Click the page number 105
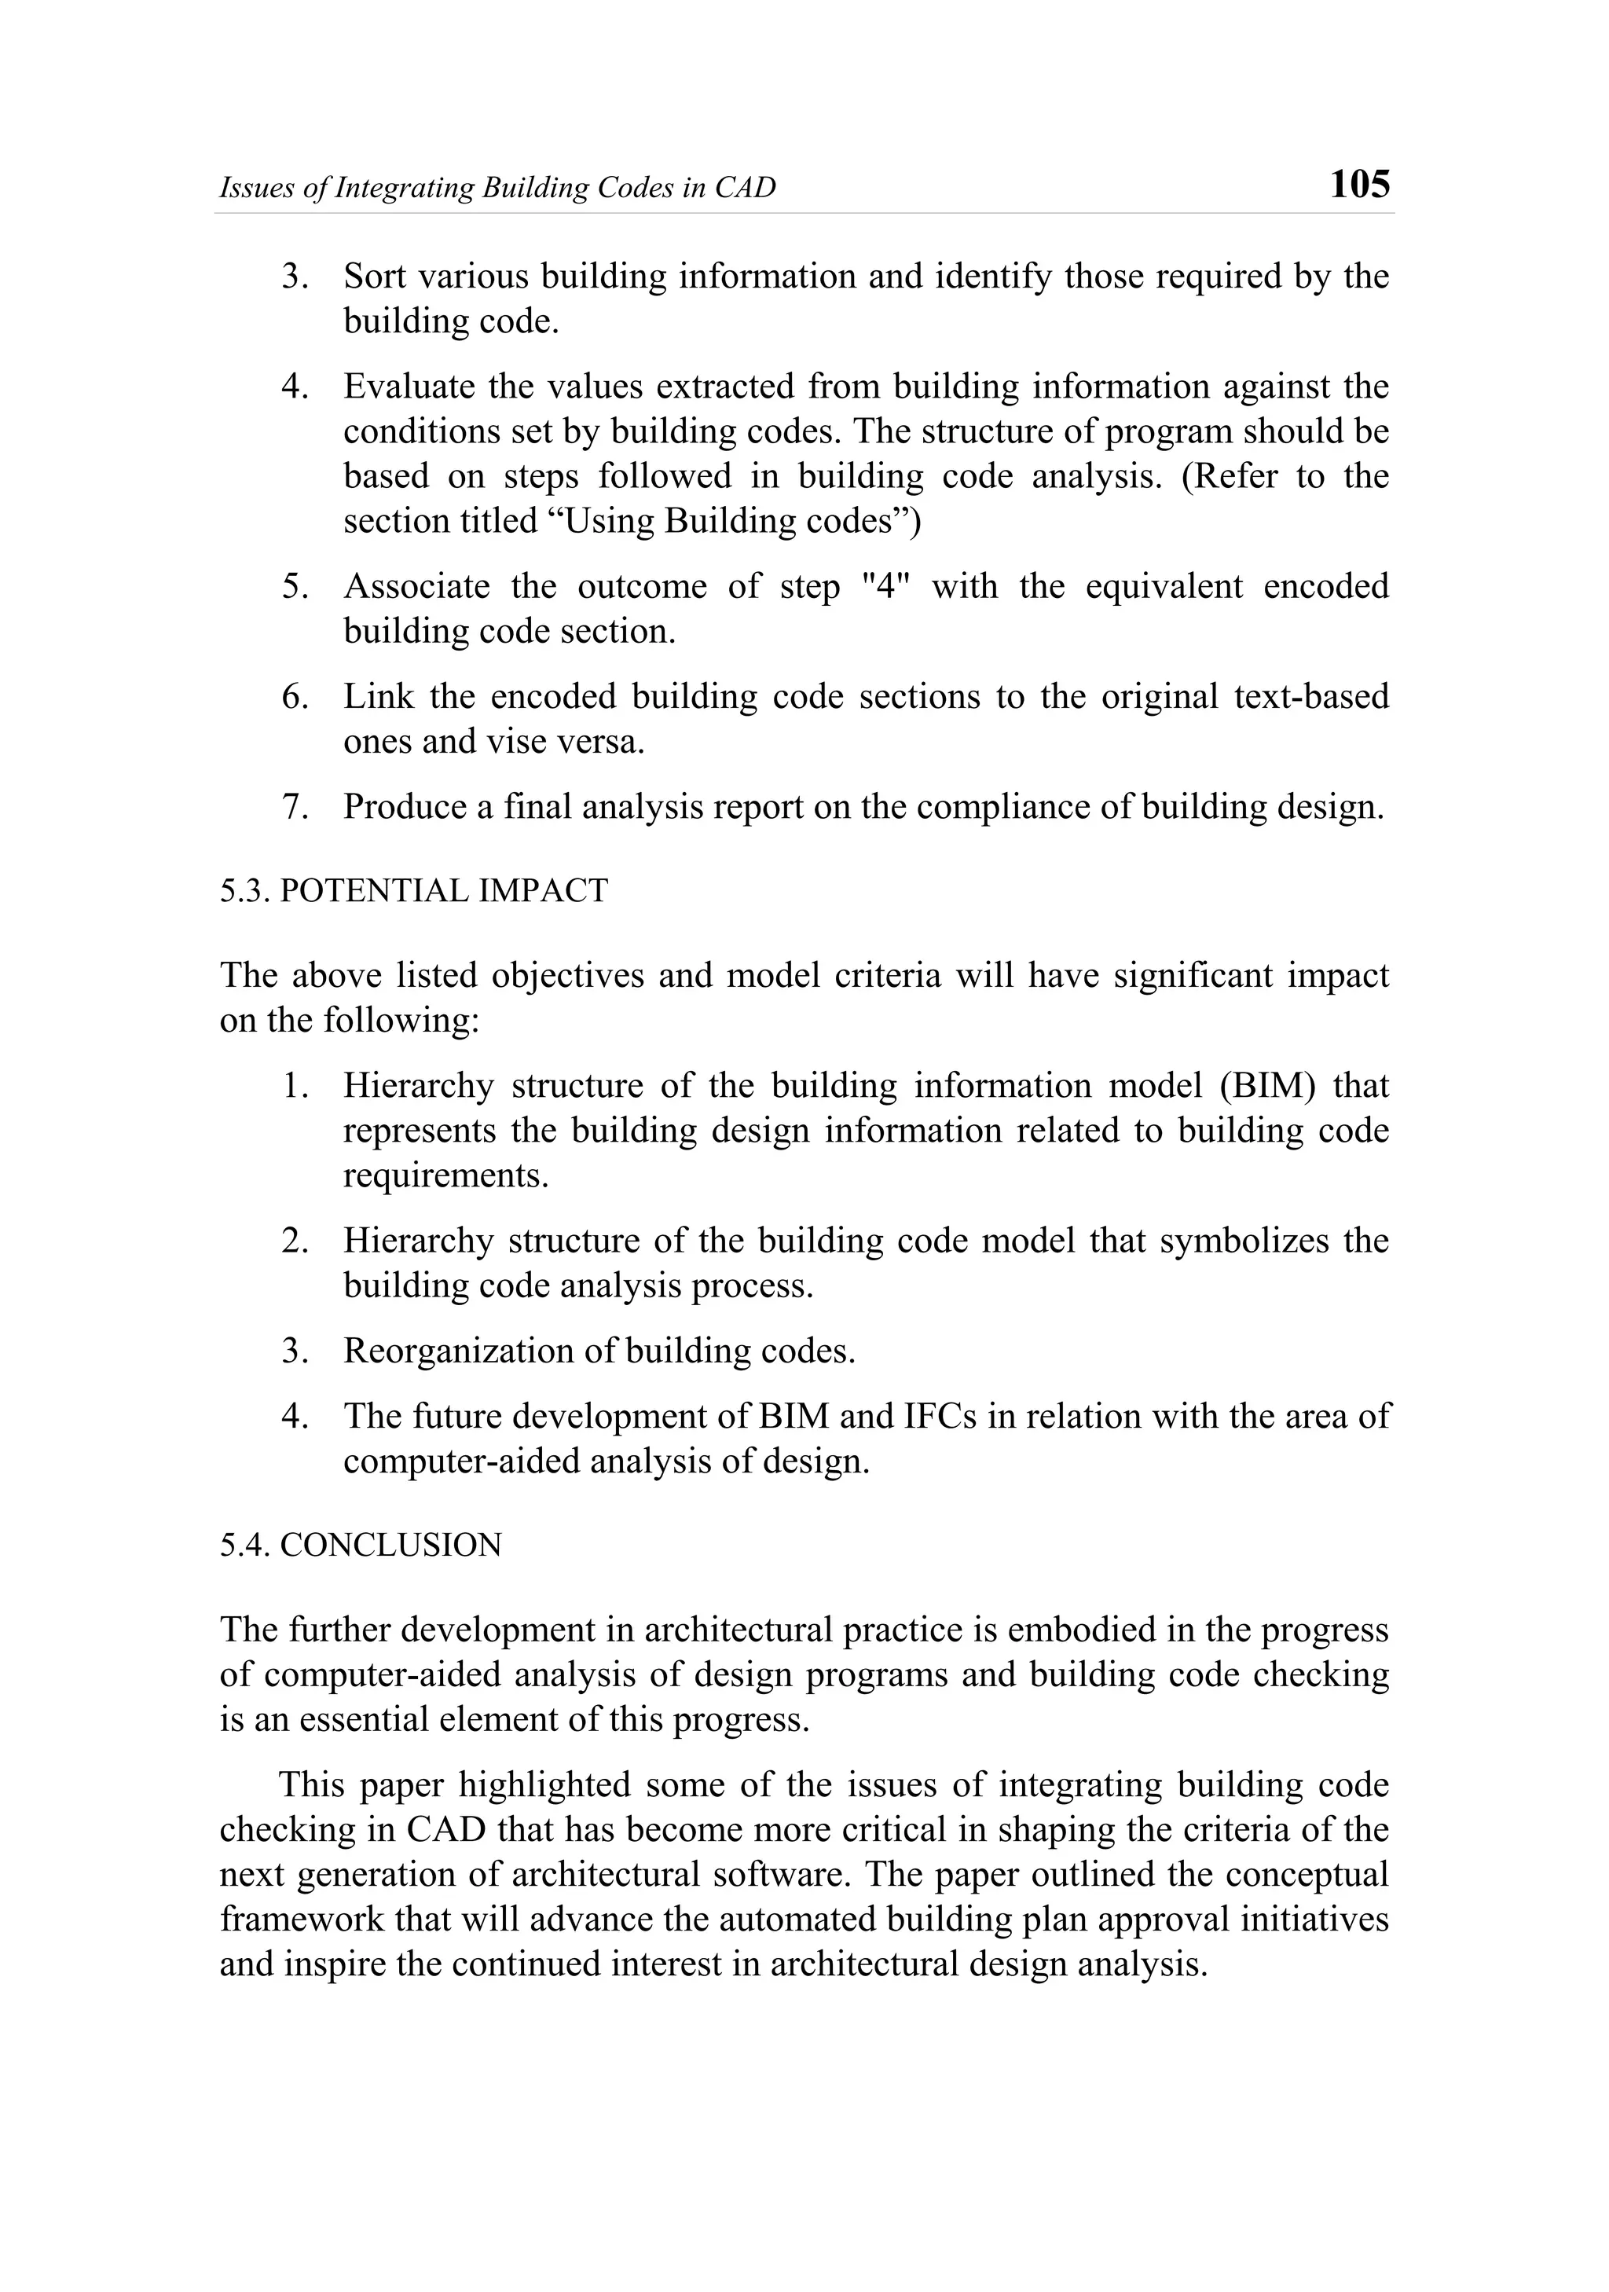click(1359, 185)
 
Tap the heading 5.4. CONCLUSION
click(361, 1546)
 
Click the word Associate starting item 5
click(416, 586)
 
